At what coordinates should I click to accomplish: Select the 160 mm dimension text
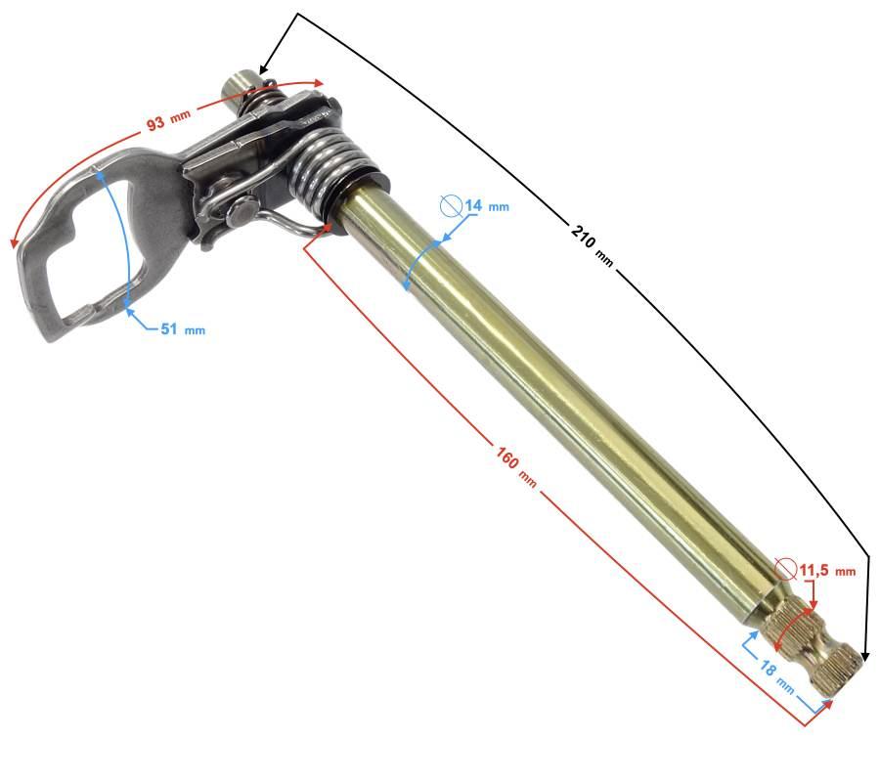[x=516, y=466]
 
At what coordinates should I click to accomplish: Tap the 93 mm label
[x=168, y=119]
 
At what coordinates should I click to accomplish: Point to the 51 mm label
[x=183, y=328]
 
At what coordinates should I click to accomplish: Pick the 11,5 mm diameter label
[x=827, y=571]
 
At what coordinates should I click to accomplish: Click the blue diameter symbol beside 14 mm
[x=451, y=205]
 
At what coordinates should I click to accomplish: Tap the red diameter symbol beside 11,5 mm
[x=786, y=569]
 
